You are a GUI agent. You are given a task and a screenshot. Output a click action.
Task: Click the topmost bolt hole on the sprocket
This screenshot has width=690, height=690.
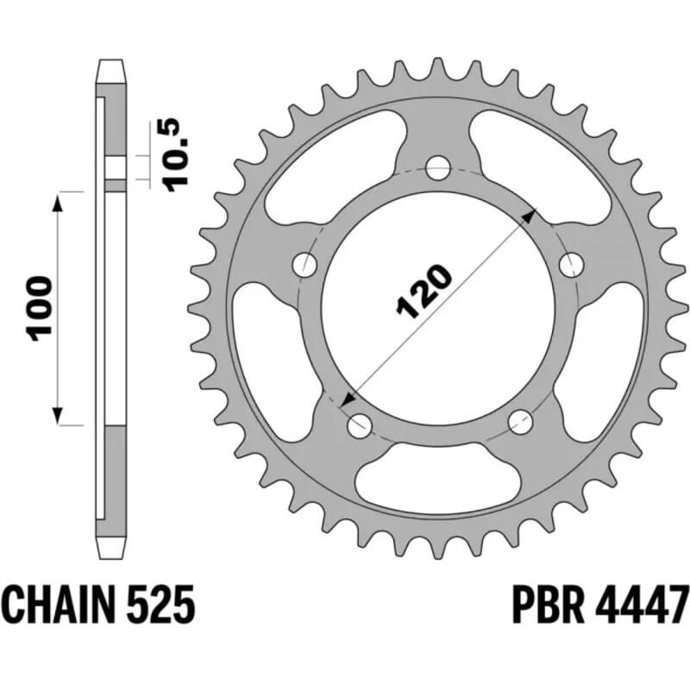click(439, 166)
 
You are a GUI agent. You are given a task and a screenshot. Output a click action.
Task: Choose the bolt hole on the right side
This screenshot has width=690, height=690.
click(572, 264)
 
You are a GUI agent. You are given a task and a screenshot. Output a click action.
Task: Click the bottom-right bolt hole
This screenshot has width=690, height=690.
click(520, 422)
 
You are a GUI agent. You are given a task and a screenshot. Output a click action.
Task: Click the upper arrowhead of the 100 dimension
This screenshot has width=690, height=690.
click(59, 202)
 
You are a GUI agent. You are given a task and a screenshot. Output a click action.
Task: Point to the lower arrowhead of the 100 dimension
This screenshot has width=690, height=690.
click(59, 416)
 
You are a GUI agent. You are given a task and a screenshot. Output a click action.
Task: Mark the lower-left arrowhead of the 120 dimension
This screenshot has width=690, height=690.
click(348, 400)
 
